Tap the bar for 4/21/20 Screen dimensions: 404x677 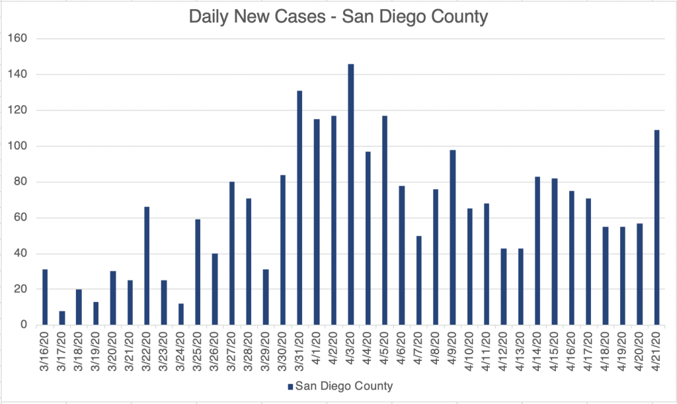[657, 227]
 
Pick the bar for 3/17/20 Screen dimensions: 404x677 [62, 318]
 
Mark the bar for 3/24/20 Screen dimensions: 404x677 [180, 314]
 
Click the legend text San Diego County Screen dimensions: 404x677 [344, 385]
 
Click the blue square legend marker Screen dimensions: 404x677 [291, 385]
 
